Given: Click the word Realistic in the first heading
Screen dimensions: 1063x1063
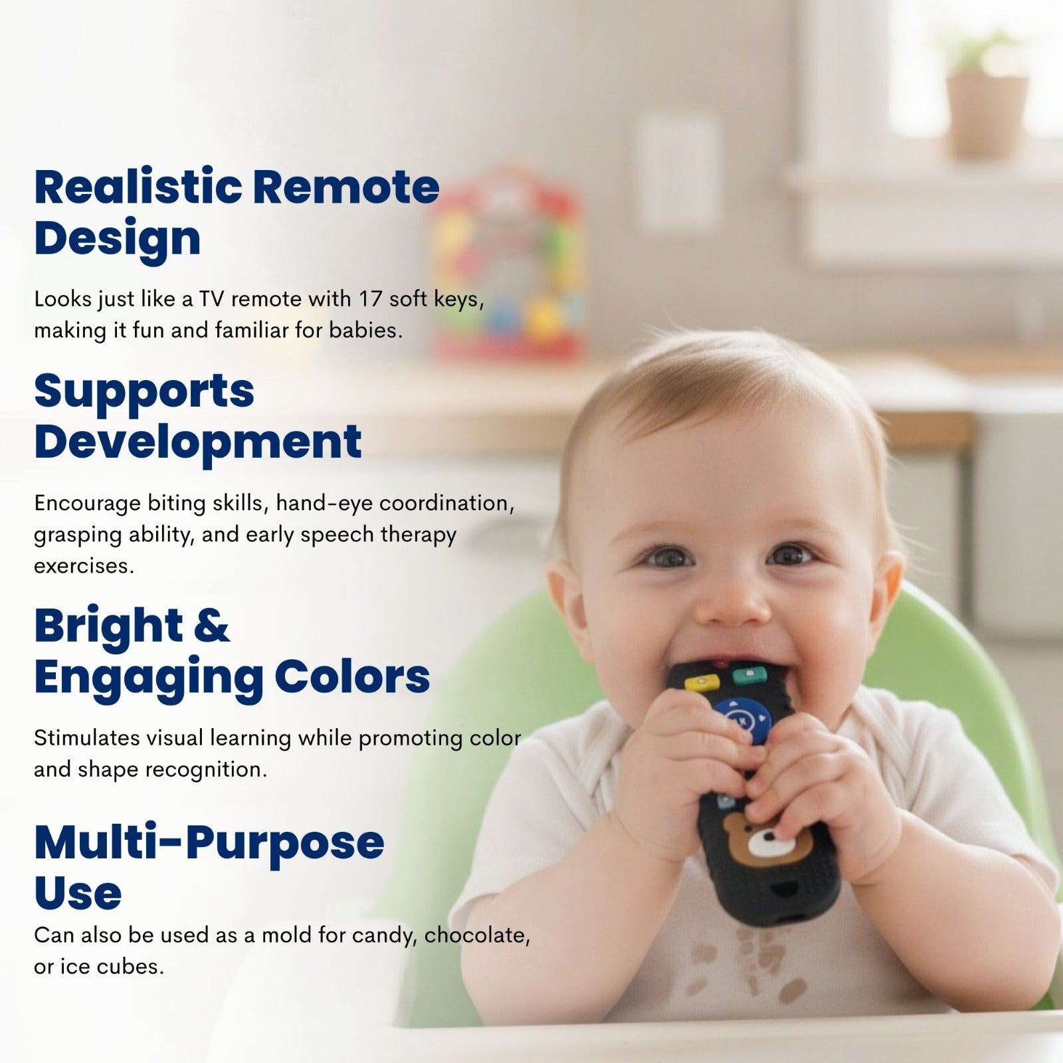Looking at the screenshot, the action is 138,187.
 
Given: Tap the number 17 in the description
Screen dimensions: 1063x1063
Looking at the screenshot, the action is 371,299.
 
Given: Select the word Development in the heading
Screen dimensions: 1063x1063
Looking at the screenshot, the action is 198,442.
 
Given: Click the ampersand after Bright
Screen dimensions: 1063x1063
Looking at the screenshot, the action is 212,627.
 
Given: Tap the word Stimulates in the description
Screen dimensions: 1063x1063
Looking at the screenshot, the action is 86,738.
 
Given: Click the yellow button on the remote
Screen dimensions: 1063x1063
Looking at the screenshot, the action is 702,682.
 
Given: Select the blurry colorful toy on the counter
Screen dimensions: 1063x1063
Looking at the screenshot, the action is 508,262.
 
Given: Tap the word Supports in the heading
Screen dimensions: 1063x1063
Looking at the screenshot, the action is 144,392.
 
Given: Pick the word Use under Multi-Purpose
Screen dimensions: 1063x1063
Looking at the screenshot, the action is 78,894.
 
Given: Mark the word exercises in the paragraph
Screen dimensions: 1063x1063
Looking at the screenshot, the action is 84,566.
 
